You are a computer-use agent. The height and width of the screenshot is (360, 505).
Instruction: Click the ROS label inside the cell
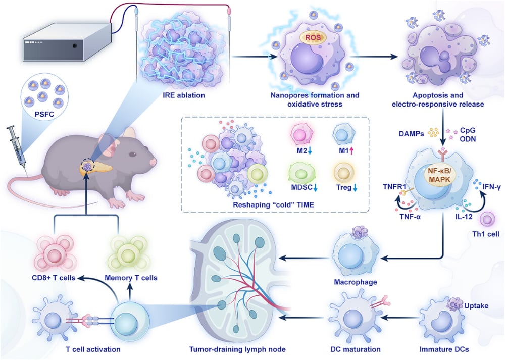[x=313, y=38]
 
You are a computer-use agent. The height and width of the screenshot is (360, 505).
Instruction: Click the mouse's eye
[x=133, y=154]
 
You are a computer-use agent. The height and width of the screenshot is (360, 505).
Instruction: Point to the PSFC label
[x=44, y=114]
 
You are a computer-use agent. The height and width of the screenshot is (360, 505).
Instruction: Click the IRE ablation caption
[x=184, y=95]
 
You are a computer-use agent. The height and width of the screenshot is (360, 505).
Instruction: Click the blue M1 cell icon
[x=343, y=134]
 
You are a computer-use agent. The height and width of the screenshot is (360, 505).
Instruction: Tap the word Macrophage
[x=356, y=282]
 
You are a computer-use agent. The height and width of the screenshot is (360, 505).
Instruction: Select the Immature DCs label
[x=444, y=349]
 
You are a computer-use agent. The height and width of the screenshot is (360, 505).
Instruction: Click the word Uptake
[x=476, y=305]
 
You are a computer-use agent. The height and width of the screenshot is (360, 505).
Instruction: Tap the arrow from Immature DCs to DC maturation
[x=399, y=317]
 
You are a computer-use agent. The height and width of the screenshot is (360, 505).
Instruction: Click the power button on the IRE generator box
[x=75, y=46]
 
